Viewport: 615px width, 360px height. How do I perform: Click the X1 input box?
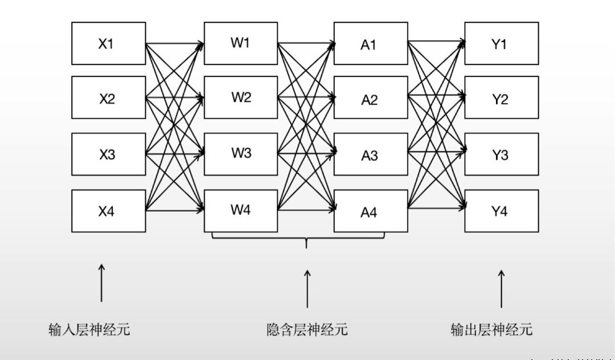pos(108,43)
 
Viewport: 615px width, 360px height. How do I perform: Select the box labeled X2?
pos(108,99)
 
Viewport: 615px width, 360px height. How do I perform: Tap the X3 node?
pos(108,154)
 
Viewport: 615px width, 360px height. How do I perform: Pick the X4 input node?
pos(108,211)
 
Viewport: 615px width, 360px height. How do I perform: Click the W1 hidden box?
pos(240,43)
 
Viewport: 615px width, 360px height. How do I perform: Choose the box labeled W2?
pos(240,97)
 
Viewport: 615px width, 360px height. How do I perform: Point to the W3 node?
pos(240,153)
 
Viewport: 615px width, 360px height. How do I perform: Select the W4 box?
pos(240,209)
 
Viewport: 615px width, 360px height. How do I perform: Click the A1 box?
pos(370,44)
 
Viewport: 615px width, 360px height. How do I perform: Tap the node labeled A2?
pos(370,99)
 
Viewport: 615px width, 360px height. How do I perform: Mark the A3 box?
pos(370,154)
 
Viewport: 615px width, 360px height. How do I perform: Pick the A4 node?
pos(370,211)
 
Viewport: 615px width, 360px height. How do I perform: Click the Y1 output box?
pos(501,43)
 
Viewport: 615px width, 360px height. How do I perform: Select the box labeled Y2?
pos(501,99)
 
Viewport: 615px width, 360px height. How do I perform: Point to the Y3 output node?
pos(501,154)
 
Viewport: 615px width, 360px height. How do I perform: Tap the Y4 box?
pos(501,211)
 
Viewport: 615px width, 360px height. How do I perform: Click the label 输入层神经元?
pos(89,329)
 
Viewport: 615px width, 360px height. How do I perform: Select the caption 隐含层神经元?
pos(307,329)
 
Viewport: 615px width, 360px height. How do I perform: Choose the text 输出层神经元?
pos(491,329)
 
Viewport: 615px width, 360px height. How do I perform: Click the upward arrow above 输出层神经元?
pos(502,288)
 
